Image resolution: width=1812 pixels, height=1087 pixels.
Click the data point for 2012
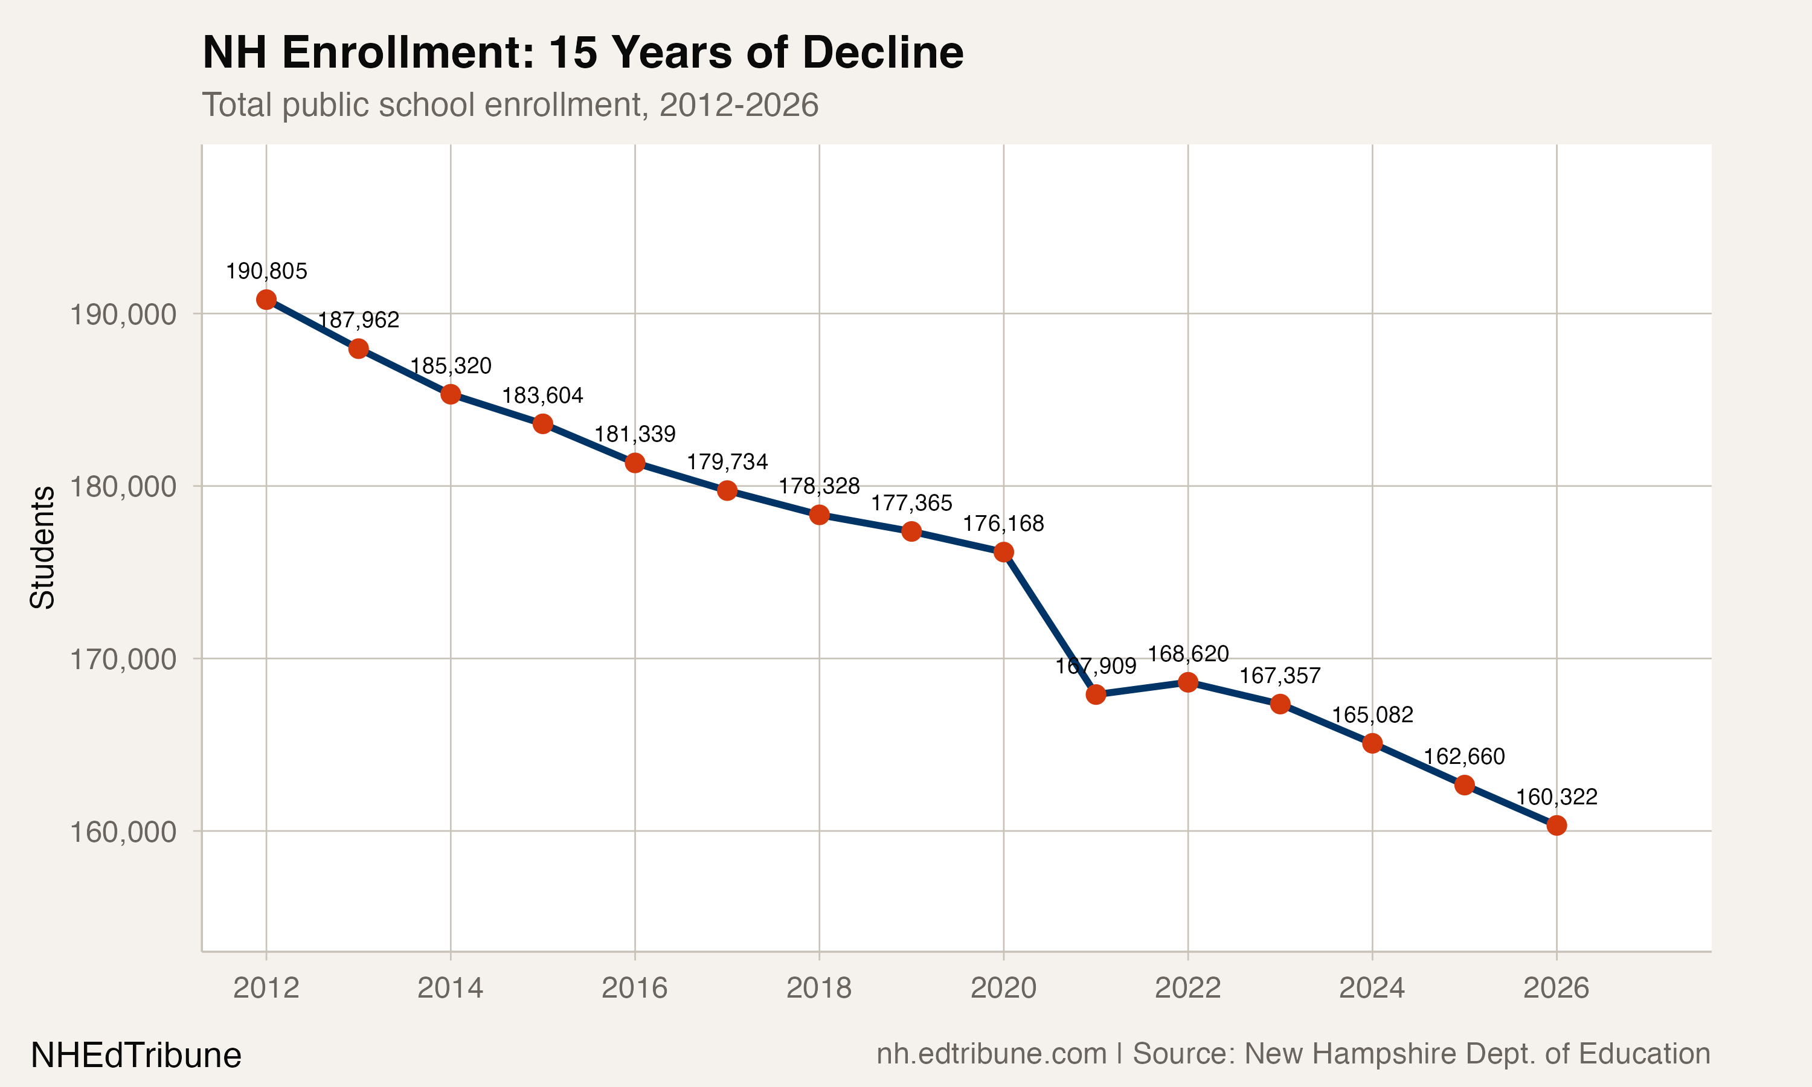click(266, 300)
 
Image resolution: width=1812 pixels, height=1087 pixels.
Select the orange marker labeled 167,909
click(1096, 694)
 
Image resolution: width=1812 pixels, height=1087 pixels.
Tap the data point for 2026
click(1557, 826)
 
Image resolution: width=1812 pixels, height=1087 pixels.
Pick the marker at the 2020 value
click(1003, 551)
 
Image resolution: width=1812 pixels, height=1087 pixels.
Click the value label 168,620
click(1187, 653)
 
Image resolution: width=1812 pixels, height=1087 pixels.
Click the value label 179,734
click(727, 461)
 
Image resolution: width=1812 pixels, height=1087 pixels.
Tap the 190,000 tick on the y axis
click(123, 314)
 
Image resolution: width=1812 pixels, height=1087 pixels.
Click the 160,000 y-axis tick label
click(123, 832)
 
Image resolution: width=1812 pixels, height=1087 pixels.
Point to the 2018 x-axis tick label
click(819, 988)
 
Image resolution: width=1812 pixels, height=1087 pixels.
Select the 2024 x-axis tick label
click(1372, 988)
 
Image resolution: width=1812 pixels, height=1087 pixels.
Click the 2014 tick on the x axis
click(450, 988)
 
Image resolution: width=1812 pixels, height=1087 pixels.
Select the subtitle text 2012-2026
click(738, 104)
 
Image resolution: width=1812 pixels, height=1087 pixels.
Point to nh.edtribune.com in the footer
click(991, 1054)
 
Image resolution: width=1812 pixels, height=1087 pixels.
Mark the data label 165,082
click(1372, 714)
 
